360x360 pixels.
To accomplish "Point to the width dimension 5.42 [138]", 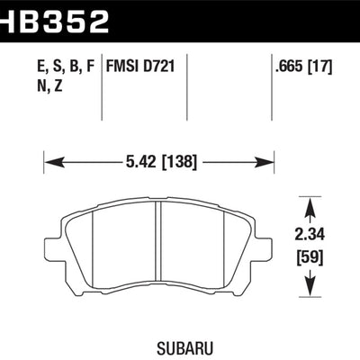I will click(158, 162).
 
